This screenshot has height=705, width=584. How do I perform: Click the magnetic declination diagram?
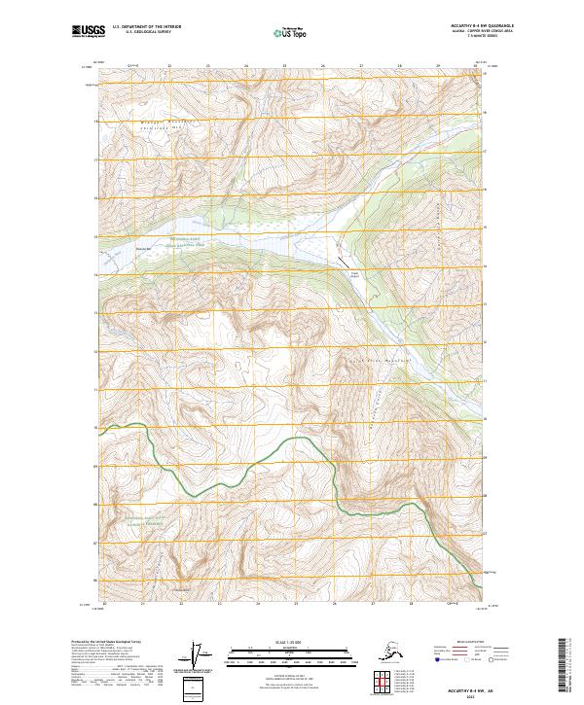pos(202,657)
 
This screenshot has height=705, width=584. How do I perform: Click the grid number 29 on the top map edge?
pos(438,66)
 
